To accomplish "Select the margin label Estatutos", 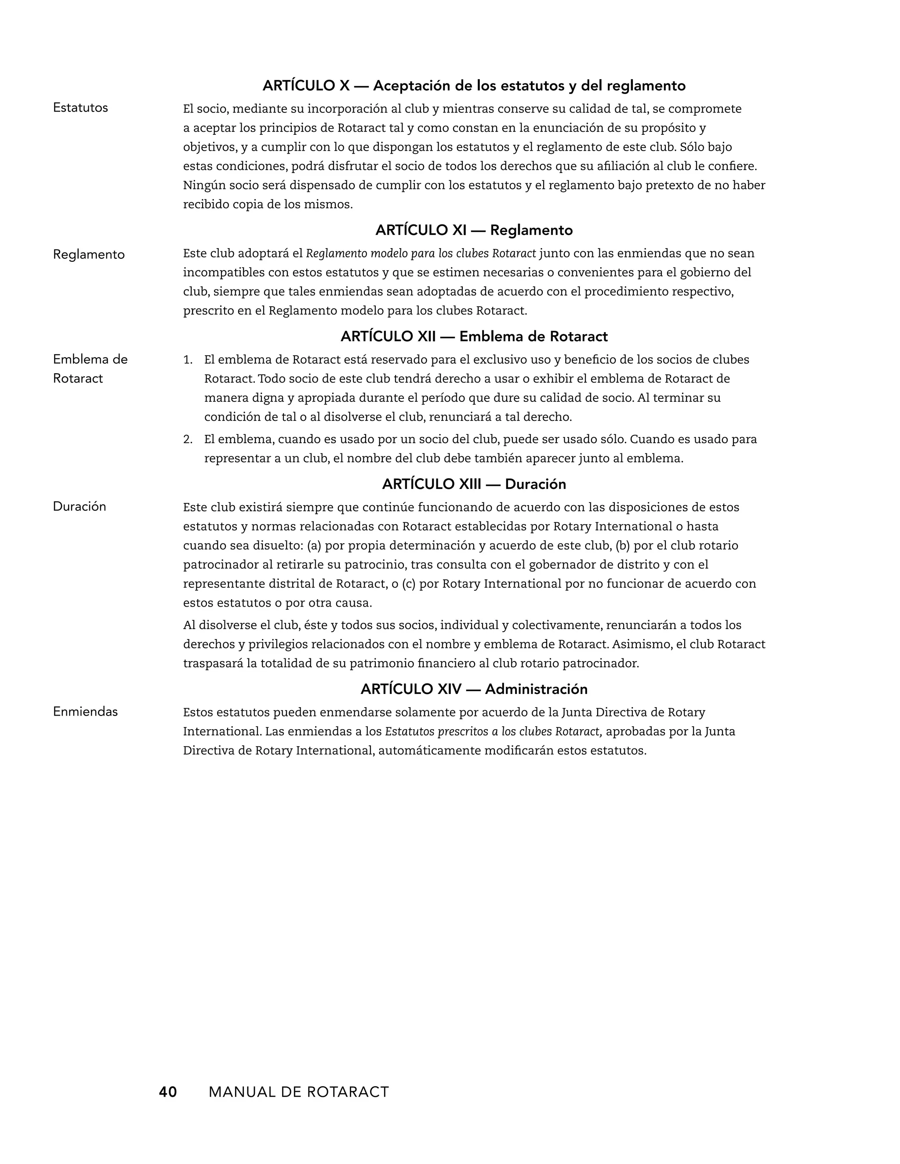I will tap(80, 108).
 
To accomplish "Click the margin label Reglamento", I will tap(88, 254).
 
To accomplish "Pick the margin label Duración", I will tap(79, 506).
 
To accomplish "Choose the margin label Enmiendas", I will tap(85, 712).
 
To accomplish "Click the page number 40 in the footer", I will tap(167, 1092).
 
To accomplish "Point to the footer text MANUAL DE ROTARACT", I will tap(298, 1092).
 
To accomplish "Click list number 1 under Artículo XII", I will tap(187, 360).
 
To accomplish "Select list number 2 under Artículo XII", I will tap(187, 440).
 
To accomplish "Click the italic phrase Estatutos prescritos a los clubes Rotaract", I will tap(493, 731).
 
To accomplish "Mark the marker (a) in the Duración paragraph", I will tap(315, 545).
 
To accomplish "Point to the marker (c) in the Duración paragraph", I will tap(409, 584).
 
